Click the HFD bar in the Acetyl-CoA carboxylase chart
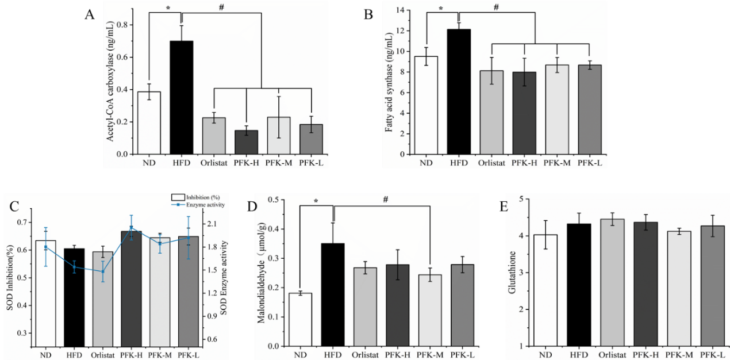tap(181, 98)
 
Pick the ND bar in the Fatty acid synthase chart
tap(426, 106)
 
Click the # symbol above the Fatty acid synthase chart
tap(496, 7)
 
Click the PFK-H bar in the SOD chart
tap(130, 288)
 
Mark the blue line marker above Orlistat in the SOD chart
tap(103, 271)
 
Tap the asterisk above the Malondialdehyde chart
tap(316, 201)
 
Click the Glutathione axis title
tap(512, 274)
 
